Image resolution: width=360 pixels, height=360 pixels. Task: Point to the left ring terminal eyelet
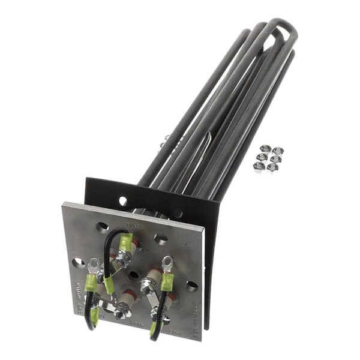pos(94,263)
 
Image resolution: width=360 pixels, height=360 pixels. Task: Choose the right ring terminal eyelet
pos(167,262)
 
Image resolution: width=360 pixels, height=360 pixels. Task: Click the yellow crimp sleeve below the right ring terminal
pos(167,281)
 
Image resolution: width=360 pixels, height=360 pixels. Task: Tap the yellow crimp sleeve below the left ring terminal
pos(91,283)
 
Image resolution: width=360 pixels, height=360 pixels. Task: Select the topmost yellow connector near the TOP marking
pos(126,242)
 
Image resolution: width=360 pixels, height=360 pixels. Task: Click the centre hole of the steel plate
pos(134,274)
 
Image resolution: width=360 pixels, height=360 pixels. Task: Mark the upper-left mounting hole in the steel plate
pos(103,227)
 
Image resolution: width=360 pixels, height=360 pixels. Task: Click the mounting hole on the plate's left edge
pos(77,263)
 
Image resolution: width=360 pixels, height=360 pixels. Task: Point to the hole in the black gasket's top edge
pos(123,201)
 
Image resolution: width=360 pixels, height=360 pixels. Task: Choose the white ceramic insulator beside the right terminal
pos(153,277)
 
